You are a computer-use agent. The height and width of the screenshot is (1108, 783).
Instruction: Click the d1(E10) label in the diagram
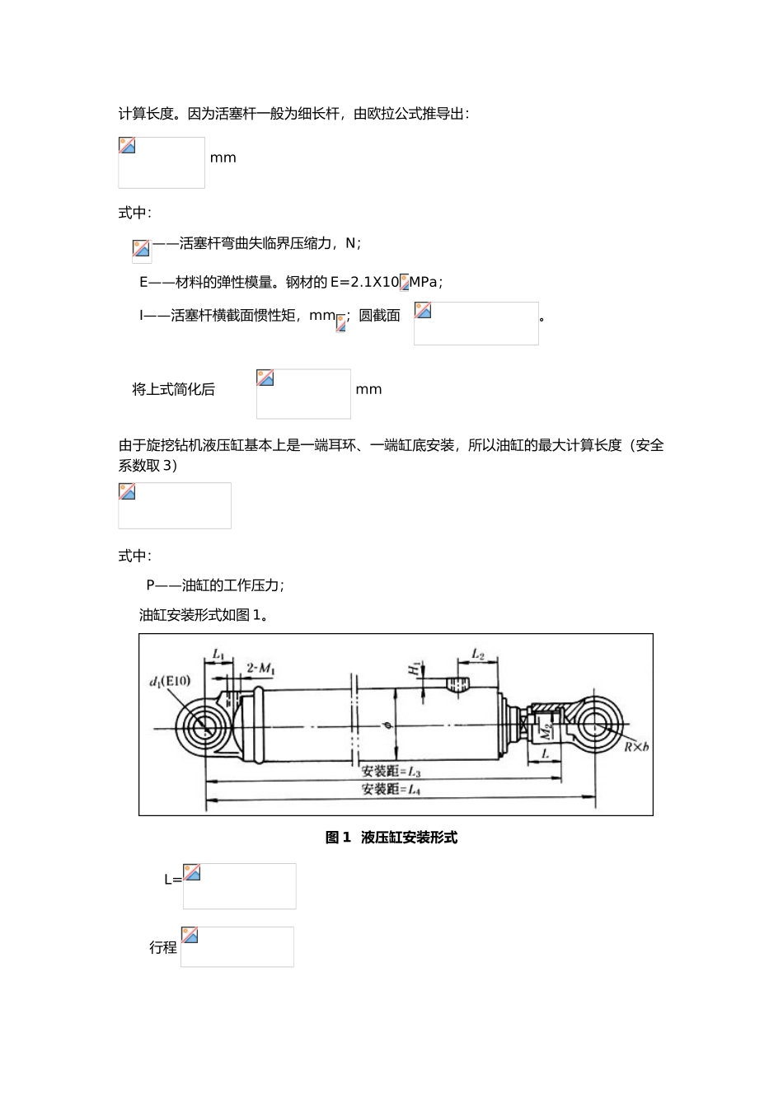tap(170, 681)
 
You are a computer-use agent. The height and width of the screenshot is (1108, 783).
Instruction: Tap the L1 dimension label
tap(218, 655)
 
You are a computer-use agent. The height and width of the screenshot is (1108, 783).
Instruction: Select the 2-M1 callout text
tap(260, 668)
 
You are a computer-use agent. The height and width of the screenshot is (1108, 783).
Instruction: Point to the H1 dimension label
tap(415, 669)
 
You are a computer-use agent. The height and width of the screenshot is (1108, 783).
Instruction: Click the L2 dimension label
tap(478, 655)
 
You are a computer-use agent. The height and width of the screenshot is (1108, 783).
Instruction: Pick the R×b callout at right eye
tap(635, 747)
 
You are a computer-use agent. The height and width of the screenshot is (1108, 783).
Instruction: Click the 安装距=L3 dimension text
tap(391, 772)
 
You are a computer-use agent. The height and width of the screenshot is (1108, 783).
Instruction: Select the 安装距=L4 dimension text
tap(391, 789)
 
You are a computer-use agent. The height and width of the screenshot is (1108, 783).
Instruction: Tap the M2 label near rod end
tap(545, 730)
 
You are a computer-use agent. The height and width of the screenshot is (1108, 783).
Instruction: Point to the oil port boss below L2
tap(458, 685)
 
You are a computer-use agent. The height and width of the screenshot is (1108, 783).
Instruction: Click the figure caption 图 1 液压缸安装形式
tap(391, 838)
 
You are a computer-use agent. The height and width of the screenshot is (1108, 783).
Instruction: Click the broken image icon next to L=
tap(192, 872)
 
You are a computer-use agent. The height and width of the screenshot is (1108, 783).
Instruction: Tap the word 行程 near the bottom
tap(163, 947)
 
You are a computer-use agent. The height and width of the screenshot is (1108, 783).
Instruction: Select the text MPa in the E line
tap(424, 282)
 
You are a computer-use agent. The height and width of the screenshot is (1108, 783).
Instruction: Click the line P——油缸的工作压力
tap(215, 585)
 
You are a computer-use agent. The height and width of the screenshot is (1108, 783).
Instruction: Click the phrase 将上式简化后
tap(173, 390)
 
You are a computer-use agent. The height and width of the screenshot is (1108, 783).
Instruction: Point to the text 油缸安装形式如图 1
tap(204, 615)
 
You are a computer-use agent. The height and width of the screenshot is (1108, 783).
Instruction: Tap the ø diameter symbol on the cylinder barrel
tap(387, 726)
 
